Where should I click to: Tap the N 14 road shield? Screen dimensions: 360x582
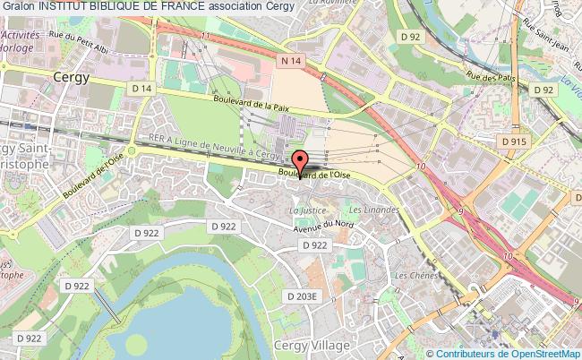[289, 61]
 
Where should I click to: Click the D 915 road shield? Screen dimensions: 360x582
[514, 141]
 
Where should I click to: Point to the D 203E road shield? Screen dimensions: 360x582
[301, 296]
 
